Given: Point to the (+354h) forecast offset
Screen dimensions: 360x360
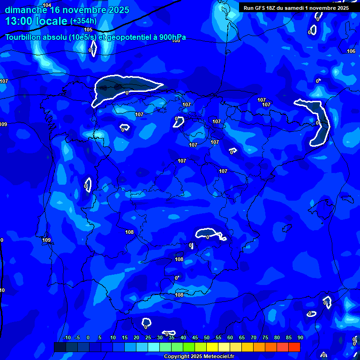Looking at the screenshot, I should click(83, 21).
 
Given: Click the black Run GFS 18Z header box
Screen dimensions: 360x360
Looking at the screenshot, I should click(296, 7).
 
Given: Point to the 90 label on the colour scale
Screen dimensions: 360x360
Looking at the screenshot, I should click(300, 337).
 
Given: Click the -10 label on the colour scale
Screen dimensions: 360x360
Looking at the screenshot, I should click(67, 337).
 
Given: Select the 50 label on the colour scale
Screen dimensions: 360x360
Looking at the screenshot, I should click(206, 337).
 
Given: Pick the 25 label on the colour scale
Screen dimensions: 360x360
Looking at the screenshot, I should click(148, 337).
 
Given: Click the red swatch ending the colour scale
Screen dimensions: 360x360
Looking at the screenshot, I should click(294, 347).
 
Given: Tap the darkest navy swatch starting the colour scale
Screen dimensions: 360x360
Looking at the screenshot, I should click(60, 347).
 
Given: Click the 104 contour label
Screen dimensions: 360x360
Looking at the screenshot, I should click(47, 5).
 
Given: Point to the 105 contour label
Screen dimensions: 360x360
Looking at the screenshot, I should click(88, 30).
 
